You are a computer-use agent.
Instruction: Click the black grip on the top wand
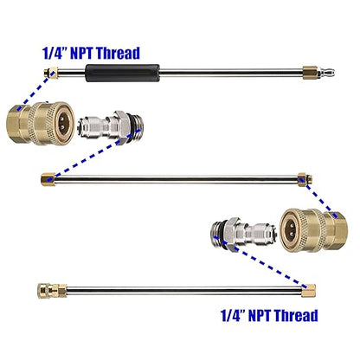pos(122,73)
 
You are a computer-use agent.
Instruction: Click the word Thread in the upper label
pos(118,53)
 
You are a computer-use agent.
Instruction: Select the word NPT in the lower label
pos(260,315)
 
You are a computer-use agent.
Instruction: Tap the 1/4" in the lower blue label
pos(233,315)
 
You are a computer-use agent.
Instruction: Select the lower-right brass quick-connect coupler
pos(314,229)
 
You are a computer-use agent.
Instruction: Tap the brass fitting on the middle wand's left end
pos(48,179)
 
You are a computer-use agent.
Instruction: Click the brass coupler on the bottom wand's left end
pos(52,291)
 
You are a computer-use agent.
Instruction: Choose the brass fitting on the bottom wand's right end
pos(308,290)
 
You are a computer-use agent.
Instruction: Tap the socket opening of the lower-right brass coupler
pos(291,229)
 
